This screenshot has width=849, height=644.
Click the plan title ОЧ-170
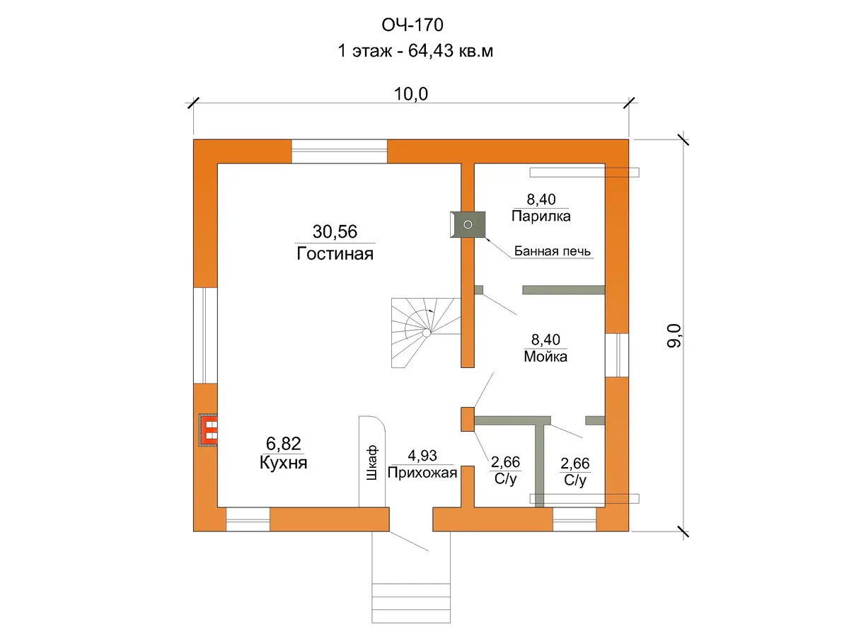pos(412,25)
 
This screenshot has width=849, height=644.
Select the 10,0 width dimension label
pos(411,94)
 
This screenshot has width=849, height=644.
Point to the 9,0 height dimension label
pos(674,335)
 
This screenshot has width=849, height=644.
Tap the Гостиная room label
pos(335,254)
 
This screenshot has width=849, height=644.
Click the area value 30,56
pos(335,231)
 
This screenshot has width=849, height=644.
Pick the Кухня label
pos(284,462)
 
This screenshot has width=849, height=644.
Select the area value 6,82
pos(284,444)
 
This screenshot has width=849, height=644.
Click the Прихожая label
pos(422,472)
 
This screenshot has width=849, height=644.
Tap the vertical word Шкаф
pos(371,463)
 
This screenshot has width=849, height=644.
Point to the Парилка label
pos(541,216)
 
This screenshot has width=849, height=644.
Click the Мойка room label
pos(545,356)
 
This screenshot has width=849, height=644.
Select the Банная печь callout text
pos(553,251)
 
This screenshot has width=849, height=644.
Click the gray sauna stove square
pos(468,224)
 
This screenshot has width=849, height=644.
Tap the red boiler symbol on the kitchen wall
pos(208,430)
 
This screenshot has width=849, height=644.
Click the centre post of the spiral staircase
pos(426,333)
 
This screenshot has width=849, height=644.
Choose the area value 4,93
pos(422,456)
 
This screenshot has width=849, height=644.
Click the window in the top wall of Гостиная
pos(339,151)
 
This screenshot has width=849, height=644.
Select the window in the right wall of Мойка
pos(616,355)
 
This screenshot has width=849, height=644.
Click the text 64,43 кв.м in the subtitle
pos(451,51)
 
